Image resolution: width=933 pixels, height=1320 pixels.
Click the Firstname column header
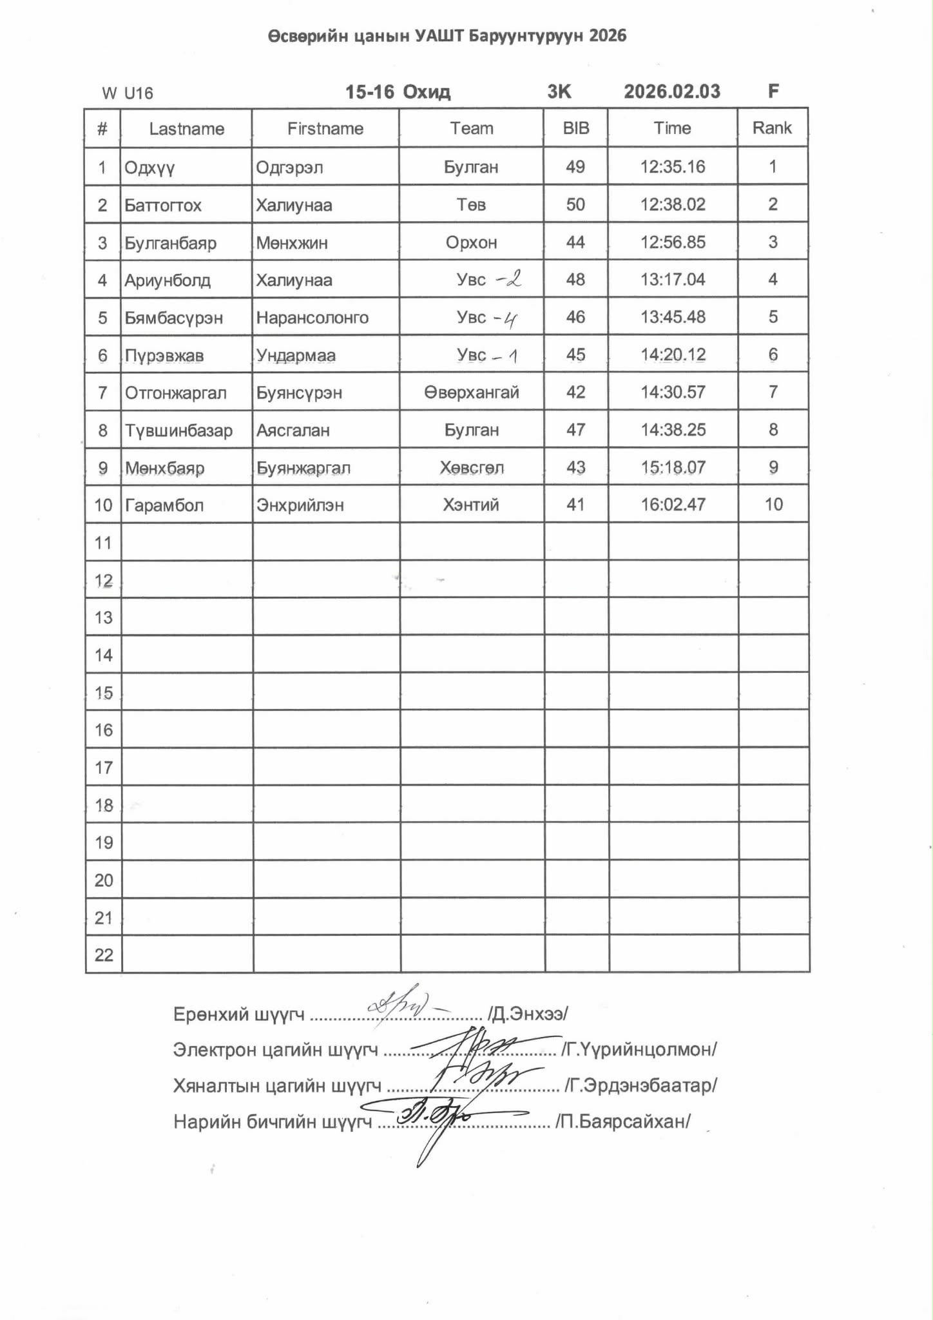325,129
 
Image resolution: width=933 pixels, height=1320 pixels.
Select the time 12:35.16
672,167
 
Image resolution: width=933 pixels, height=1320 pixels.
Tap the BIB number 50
575,205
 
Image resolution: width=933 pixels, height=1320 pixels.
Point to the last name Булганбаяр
170,243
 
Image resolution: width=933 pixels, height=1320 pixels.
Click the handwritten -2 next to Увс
508,279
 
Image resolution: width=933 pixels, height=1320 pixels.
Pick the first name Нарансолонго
312,318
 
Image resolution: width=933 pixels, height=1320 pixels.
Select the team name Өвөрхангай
471,393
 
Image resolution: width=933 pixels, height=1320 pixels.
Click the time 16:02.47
673,505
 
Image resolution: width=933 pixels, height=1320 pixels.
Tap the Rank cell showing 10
773,505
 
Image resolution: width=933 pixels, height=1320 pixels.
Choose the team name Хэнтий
470,505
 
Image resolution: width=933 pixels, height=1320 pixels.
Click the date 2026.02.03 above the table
671,92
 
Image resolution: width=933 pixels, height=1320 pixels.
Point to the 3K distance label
559,92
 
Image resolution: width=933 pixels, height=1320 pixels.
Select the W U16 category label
128,93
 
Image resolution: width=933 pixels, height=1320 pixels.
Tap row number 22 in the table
104,955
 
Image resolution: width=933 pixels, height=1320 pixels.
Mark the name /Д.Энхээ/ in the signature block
528,1014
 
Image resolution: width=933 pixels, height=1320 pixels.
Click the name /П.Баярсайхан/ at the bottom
622,1122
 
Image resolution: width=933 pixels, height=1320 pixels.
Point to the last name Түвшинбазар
178,431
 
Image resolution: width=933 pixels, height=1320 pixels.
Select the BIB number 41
575,505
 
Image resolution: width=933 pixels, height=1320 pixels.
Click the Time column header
672,128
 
